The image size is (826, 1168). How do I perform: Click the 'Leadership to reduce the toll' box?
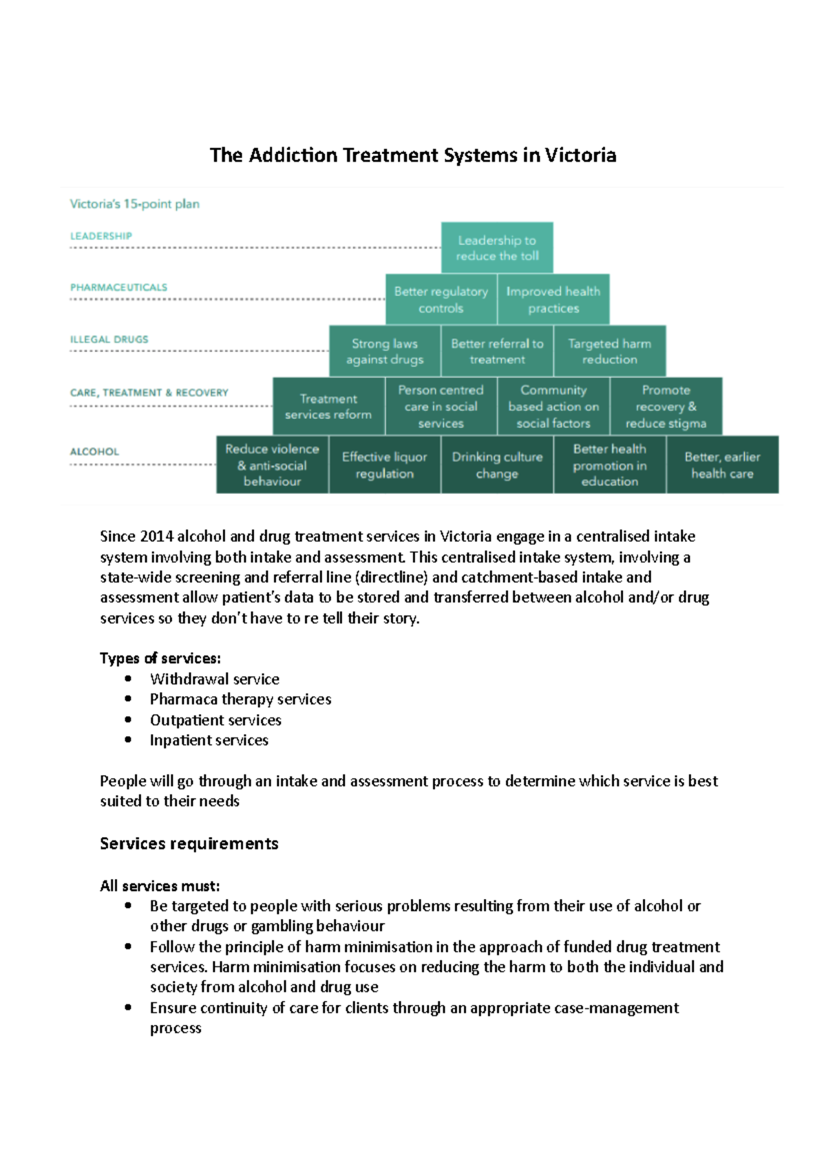coord(497,248)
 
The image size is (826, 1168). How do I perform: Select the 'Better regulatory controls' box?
coord(441,299)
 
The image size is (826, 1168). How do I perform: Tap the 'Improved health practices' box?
coord(553,299)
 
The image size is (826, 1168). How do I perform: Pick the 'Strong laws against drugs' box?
coord(385,351)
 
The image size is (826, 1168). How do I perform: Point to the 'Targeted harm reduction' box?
coord(610,351)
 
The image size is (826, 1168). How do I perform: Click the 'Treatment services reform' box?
coord(328,406)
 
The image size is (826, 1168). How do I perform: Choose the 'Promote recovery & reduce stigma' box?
coord(666,406)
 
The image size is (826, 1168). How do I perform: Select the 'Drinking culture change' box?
coord(497,464)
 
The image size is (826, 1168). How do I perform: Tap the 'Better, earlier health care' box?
coord(722,464)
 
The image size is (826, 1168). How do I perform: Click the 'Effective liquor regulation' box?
coord(385,464)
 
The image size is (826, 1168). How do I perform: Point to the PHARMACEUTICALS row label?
coord(118,288)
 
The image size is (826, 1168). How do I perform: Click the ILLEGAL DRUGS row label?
coord(109,339)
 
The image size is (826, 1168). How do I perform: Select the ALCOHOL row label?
coord(94,452)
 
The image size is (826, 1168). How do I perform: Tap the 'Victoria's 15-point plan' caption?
coord(134,204)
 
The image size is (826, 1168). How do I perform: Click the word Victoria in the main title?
coord(580,155)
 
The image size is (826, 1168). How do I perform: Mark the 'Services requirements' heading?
coord(189,844)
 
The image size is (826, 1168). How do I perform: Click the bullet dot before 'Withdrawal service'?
coord(128,678)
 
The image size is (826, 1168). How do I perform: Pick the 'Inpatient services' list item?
coord(209,740)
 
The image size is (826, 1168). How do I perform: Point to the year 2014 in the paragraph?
coord(156,537)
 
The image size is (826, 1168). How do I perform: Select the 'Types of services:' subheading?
coord(160,658)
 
